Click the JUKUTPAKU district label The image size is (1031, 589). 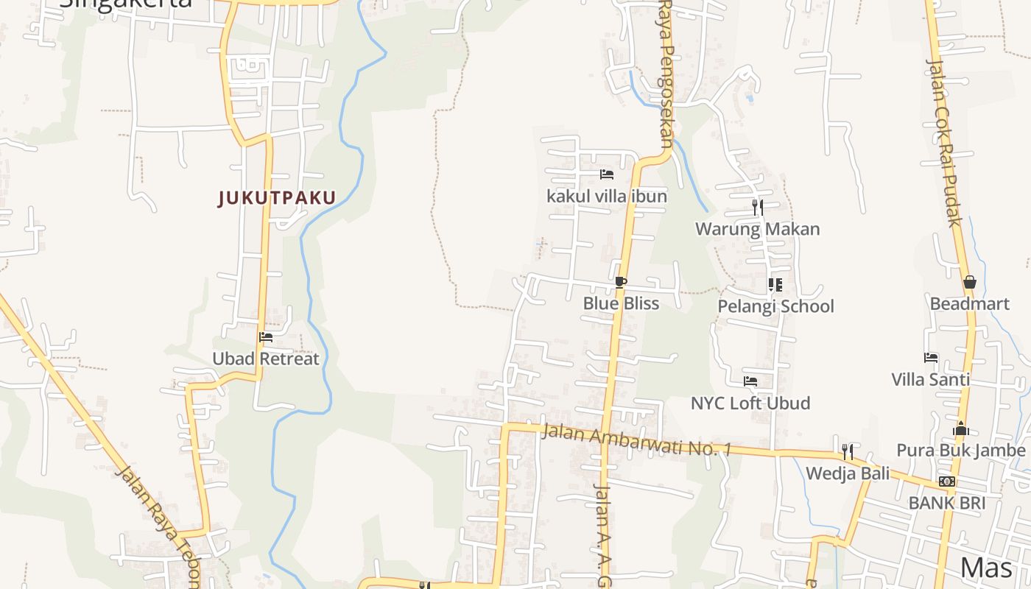click(x=277, y=197)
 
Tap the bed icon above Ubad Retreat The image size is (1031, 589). click(x=266, y=337)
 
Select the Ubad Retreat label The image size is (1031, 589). click(x=266, y=359)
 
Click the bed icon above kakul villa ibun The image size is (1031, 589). click(x=607, y=174)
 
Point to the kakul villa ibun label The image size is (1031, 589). click(x=607, y=197)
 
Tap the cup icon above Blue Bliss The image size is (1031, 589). click(x=621, y=282)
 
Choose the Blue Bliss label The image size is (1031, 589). click(x=621, y=303)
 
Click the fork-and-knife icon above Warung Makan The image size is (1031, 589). click(x=758, y=207)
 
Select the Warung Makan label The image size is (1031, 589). click(x=758, y=229)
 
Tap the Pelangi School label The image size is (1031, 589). click(x=776, y=306)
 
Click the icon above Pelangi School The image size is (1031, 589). click(x=775, y=284)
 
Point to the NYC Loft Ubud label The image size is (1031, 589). click(x=750, y=403)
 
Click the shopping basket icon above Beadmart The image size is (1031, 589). click(x=969, y=282)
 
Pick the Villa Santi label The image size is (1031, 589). click(x=931, y=380)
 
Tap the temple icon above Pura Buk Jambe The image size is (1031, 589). click(x=961, y=428)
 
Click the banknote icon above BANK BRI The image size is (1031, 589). click(x=947, y=482)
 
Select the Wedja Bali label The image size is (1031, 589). click(x=848, y=473)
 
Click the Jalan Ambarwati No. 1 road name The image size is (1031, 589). click(x=636, y=440)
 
